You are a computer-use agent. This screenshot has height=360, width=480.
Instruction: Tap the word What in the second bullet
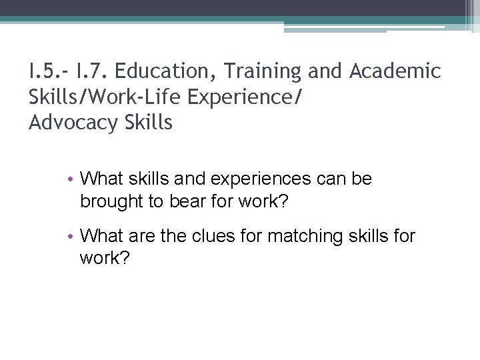99,235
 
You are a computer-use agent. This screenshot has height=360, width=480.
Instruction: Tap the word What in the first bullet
99,179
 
